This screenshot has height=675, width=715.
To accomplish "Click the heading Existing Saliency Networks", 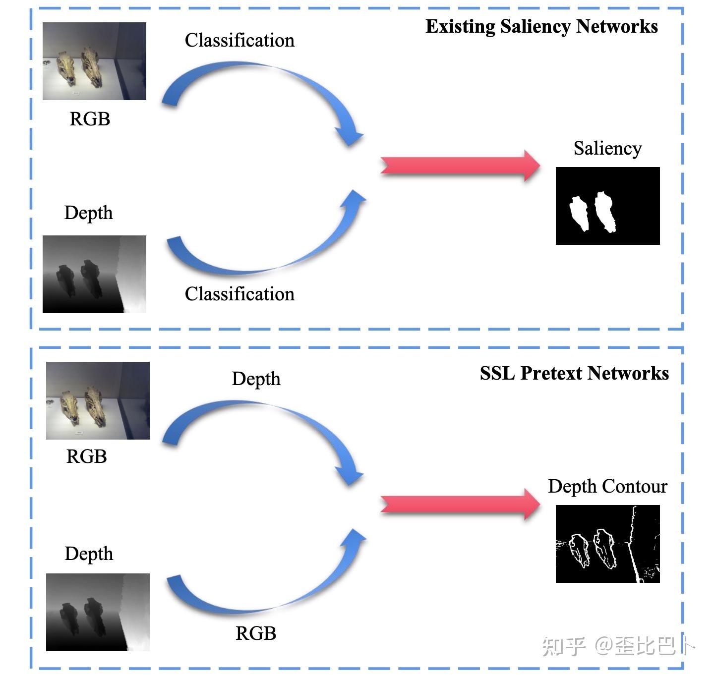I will (541, 26).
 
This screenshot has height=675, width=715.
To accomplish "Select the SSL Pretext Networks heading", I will (574, 373).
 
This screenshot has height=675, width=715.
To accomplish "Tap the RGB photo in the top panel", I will (94, 61).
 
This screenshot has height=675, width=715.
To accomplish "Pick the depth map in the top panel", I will (94, 274).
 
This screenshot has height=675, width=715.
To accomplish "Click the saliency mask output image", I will (607, 206).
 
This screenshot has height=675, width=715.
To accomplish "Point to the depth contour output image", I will (607, 544).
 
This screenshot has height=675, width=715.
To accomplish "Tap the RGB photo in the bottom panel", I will (98, 400).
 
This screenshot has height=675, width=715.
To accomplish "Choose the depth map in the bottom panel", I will (98, 612).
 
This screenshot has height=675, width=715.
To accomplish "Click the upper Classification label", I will (239, 40).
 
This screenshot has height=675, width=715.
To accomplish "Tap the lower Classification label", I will (239, 294).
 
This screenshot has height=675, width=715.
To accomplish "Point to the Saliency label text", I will (607, 148).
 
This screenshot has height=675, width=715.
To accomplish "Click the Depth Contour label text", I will (607, 486).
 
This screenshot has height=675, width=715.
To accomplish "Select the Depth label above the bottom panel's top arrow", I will (256, 379).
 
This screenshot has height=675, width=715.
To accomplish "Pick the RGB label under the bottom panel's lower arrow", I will (255, 633).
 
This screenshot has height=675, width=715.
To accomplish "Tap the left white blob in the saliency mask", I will (578, 213).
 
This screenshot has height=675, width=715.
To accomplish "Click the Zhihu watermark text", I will (617, 646).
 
